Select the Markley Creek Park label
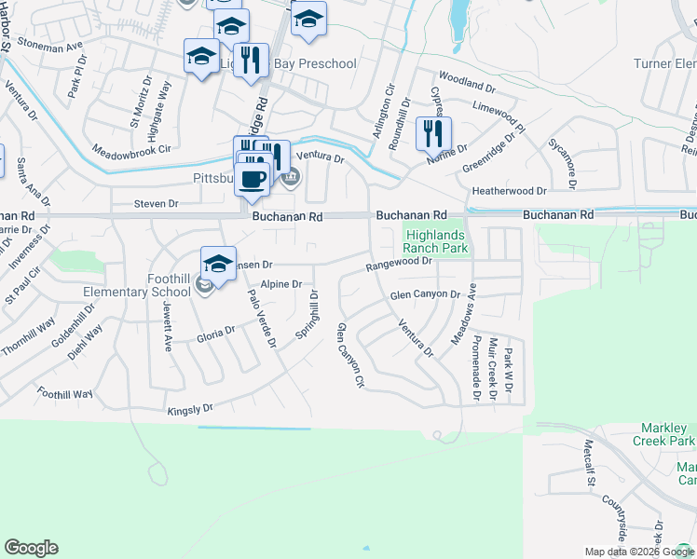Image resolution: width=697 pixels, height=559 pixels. coord(667,434)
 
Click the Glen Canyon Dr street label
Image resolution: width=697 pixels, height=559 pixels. coord(426,294)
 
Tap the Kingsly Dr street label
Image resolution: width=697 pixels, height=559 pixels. coord(190,409)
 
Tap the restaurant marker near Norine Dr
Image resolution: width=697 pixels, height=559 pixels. coord(433,134)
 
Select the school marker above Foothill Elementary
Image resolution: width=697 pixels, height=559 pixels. coord(218,263)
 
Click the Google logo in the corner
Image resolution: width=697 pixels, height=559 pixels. coord(31,548)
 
